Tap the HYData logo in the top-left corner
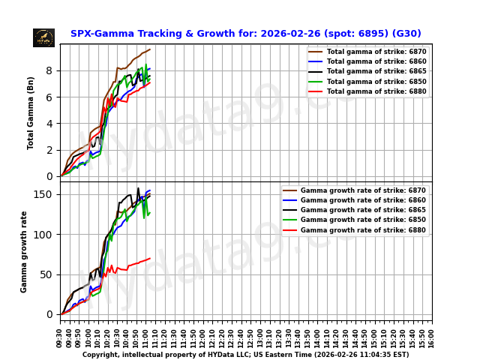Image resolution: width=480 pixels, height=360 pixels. coord(43,37)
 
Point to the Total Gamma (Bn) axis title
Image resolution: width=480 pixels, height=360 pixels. coord(31,112)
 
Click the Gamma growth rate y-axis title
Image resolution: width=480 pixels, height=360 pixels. coord(25,251)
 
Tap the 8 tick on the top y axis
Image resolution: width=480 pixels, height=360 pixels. coord(49,70)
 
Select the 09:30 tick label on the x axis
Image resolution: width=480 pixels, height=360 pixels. coord(60,337)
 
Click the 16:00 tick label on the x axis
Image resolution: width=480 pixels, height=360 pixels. coord(432,337)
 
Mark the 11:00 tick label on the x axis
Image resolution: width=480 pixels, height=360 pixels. coord(145,337)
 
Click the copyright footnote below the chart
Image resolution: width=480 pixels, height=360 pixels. coord(245,355)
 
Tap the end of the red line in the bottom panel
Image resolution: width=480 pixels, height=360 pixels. coord(150,258)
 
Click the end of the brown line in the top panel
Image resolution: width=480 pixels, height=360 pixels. coord(150,49)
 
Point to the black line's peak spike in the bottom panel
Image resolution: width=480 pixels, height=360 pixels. coord(138,188)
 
